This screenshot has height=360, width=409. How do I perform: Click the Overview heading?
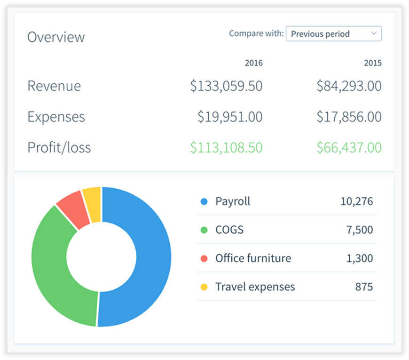click(x=56, y=37)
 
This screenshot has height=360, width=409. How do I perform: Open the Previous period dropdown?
click(x=334, y=34)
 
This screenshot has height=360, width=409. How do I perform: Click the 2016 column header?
click(x=253, y=63)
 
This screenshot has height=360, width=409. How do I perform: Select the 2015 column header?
click(x=373, y=63)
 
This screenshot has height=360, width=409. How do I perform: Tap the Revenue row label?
click(x=54, y=86)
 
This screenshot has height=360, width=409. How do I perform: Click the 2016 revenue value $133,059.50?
click(x=227, y=86)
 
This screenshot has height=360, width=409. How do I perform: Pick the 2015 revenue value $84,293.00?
click(x=349, y=86)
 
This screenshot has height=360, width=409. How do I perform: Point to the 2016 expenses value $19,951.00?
click(x=230, y=116)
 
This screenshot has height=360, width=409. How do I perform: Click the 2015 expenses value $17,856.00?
click(x=349, y=116)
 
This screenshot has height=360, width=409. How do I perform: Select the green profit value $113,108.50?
click(x=227, y=147)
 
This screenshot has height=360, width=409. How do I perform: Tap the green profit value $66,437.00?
click(x=349, y=147)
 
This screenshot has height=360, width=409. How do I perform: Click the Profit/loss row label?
click(x=59, y=147)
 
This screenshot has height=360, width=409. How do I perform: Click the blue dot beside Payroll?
click(x=204, y=201)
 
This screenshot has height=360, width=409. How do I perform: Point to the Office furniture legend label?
click(x=253, y=258)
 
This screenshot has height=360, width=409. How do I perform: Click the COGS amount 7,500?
click(x=360, y=230)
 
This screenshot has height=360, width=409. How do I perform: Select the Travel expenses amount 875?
click(x=364, y=287)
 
